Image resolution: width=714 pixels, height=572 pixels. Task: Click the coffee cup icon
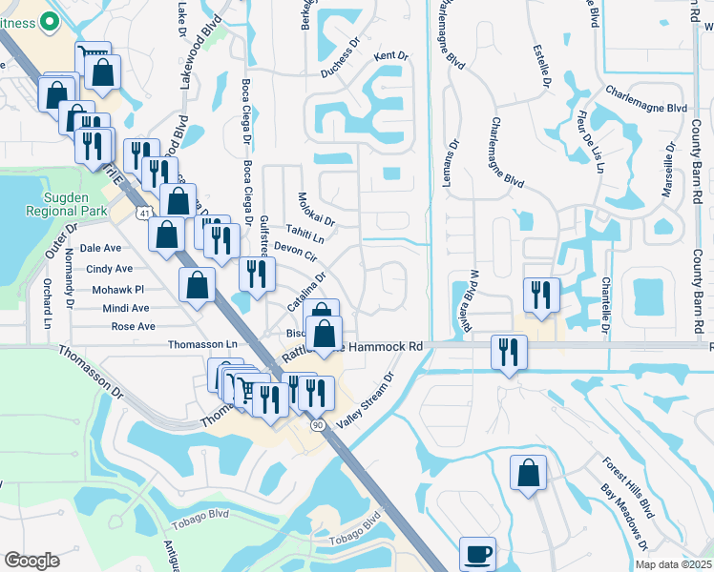[477, 553]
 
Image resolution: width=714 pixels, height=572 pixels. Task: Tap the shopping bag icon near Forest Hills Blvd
[528, 473]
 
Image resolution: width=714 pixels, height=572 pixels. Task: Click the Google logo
[31, 560]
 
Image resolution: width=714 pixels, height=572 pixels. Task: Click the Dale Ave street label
[100, 247]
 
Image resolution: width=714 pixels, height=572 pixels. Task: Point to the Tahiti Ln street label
[305, 233]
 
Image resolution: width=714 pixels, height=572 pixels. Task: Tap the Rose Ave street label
[133, 326]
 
